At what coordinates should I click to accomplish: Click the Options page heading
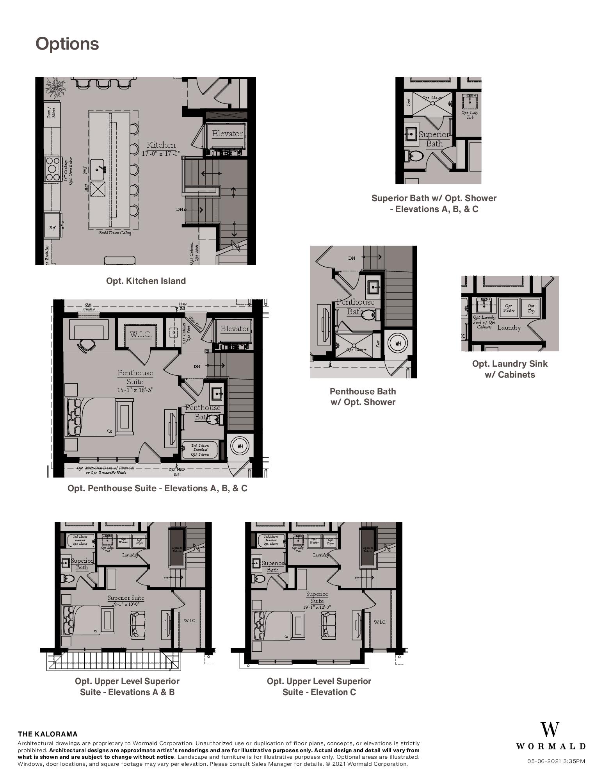click(x=67, y=44)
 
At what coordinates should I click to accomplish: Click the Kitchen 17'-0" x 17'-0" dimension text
click(x=161, y=154)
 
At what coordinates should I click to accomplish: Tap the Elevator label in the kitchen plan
click(x=227, y=134)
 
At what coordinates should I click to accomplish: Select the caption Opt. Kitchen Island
click(x=146, y=281)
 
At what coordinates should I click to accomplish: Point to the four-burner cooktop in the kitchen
click(x=52, y=168)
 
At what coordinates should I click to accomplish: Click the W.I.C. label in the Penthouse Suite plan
click(x=141, y=334)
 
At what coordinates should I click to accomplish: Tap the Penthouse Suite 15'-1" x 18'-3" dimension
click(x=135, y=390)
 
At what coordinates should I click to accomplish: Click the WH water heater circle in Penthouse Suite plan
click(x=240, y=446)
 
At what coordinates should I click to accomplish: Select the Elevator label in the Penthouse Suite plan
click(x=235, y=329)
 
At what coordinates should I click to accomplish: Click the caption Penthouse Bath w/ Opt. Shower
click(x=363, y=396)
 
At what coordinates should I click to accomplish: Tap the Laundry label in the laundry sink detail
click(x=509, y=327)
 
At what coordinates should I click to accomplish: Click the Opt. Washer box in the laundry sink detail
click(x=508, y=308)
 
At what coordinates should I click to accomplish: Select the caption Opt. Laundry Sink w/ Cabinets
click(x=510, y=369)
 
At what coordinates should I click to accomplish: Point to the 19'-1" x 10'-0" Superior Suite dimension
click(x=126, y=604)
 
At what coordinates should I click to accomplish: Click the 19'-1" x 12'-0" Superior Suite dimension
click(x=317, y=607)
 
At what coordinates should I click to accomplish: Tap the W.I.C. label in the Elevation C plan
click(x=379, y=622)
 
